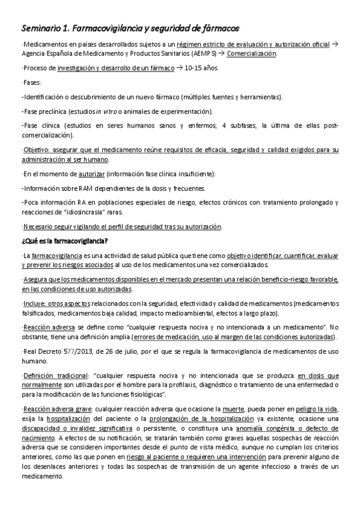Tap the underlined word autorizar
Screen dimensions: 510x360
[x=91, y=174]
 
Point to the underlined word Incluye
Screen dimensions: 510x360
[x=35, y=304]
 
